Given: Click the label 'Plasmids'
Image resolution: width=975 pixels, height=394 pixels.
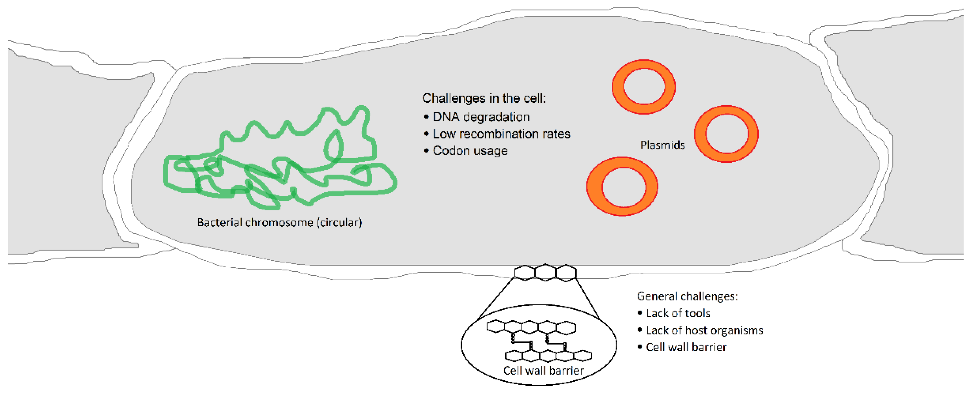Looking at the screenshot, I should point(662,145).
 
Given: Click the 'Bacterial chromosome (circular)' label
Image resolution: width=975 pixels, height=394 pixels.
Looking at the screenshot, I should point(279,222).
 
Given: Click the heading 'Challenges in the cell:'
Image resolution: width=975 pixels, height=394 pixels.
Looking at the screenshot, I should point(484,98).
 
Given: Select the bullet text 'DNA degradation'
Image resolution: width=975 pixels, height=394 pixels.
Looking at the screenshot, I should point(481,117).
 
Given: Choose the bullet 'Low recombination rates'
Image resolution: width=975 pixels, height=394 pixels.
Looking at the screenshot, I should point(501,134).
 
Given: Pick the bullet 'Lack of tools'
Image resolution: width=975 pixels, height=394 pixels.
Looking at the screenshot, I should point(678,313).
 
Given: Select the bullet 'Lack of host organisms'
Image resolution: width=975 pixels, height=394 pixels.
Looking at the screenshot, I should point(704,330).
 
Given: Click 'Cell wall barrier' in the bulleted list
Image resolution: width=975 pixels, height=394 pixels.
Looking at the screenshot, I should point(686,347).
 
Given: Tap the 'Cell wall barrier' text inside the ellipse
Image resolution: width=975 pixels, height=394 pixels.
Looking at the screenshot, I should point(543,370).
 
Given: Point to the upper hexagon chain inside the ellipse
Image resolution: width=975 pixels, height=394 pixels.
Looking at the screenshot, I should point(531,327).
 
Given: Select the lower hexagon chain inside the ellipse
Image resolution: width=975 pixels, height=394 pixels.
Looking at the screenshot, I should point(548,356).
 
